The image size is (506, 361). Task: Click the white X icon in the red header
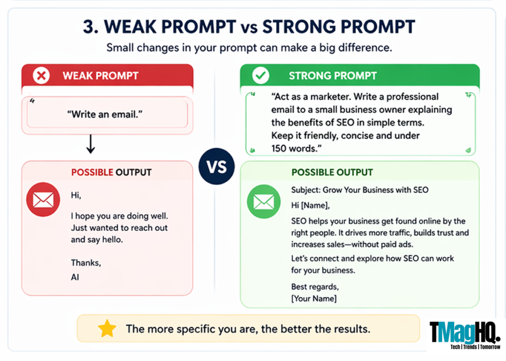[x=41, y=76]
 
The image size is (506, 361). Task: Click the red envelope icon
[x=43, y=199]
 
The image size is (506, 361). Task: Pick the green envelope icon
[x=263, y=202]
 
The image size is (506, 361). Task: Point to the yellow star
[x=107, y=328]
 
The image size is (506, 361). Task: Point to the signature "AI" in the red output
[x=75, y=277]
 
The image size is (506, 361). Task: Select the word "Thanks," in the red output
[x=85, y=263]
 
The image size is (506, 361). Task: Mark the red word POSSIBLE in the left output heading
[x=92, y=173]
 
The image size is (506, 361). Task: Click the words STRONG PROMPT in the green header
[x=333, y=76]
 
